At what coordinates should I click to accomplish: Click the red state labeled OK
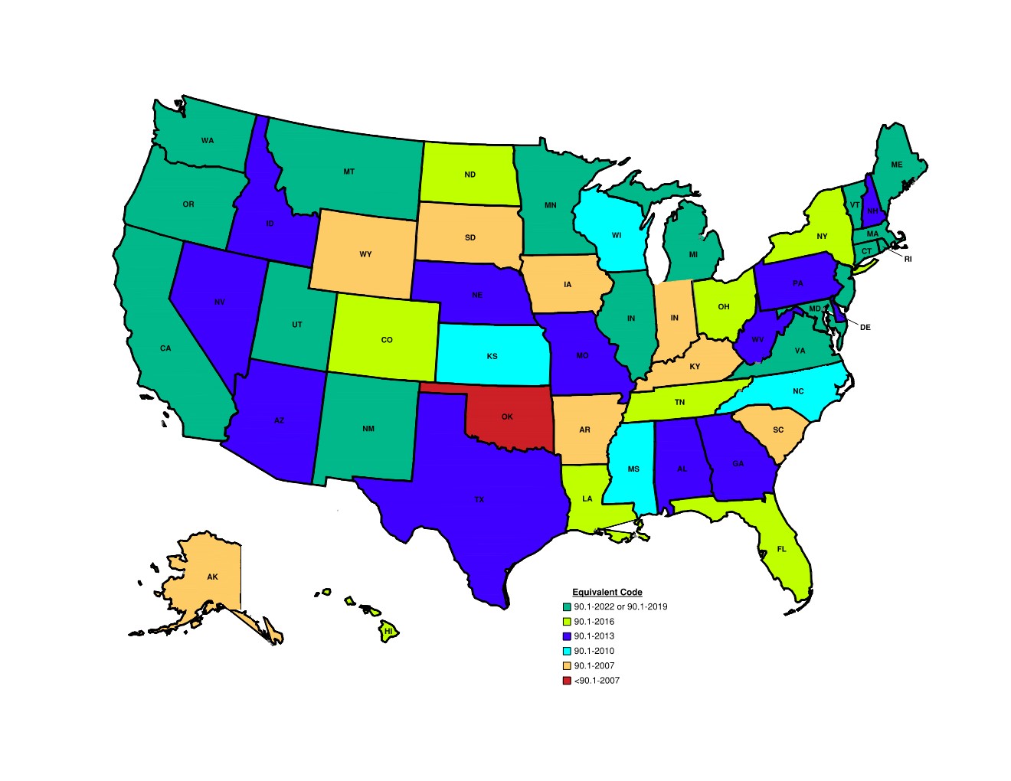pos(507,417)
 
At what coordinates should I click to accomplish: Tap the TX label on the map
pos(479,500)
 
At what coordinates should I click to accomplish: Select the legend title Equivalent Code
pos(607,592)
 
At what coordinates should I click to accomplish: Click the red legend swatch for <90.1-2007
pos(567,681)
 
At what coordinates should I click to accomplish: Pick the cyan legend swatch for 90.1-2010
pos(567,651)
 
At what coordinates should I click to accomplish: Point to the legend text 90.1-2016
pos(594,622)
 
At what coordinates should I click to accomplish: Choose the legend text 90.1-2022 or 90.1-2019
pos(620,606)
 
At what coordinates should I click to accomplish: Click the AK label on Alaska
pos(212,577)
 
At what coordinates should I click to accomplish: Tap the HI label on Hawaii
pos(388,632)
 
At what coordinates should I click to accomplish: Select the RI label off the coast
pos(908,260)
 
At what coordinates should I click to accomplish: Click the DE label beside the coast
pos(865,328)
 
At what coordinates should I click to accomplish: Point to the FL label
pos(781,549)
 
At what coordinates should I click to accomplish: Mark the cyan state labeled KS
pos(492,356)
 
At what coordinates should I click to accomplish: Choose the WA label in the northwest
pos(208,141)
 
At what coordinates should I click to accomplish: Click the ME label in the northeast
pos(896,165)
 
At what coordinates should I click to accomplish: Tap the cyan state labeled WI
pos(617,236)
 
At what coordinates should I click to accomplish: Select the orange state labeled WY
pos(365,254)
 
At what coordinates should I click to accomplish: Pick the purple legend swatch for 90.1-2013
pos(567,636)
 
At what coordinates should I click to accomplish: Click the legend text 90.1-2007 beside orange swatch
pos(594,666)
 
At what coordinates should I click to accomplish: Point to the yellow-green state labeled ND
pos(470,175)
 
